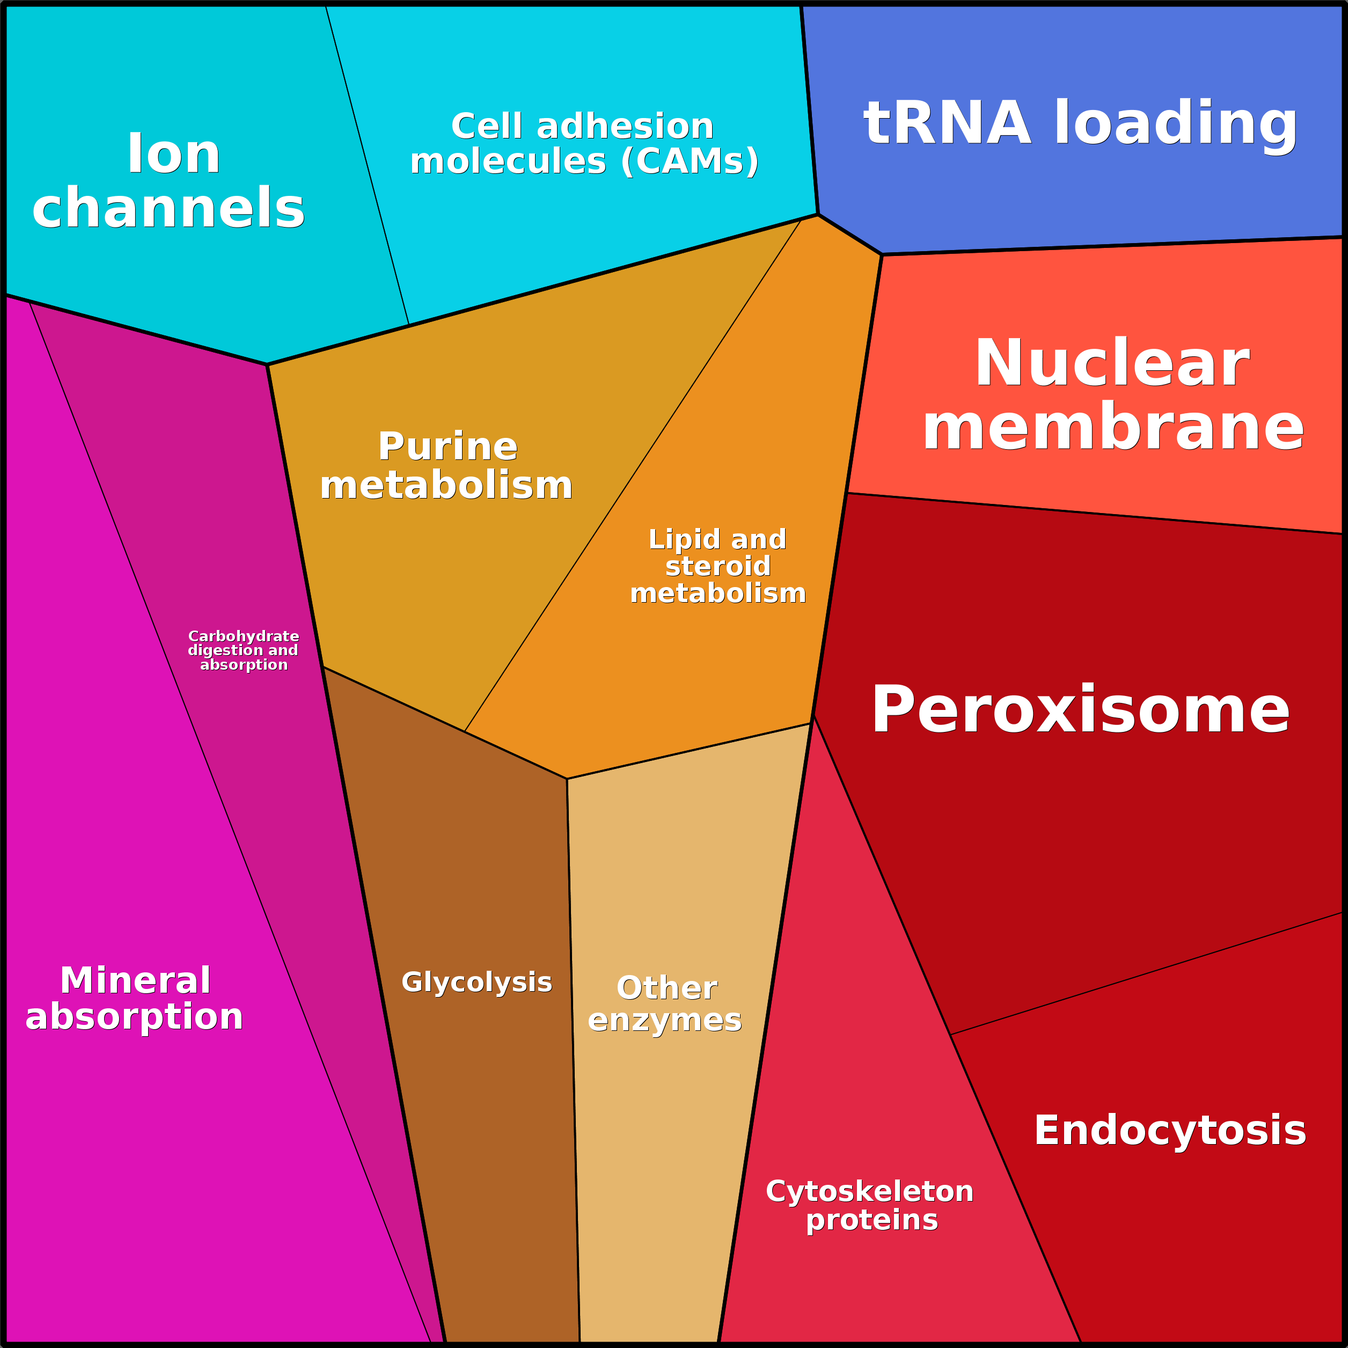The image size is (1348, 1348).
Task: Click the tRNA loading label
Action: tap(1080, 123)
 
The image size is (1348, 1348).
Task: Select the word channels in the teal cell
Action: tap(168, 208)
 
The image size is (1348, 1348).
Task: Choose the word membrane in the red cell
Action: tap(1113, 427)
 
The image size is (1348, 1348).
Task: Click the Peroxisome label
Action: tap(1080, 709)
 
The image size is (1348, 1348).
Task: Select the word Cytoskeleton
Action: tap(869, 1191)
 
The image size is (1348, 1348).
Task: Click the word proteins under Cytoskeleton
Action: tap(871, 1220)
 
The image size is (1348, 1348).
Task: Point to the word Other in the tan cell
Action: tap(666, 987)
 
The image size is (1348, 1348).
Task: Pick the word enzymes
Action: tap(664, 1020)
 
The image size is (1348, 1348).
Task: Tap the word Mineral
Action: tap(135, 980)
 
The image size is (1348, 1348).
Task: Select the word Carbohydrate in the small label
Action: tap(244, 636)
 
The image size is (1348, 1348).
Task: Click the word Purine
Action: tap(447, 446)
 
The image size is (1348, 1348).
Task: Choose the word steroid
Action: tap(718, 566)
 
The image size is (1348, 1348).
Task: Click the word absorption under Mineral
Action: tap(134, 1016)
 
